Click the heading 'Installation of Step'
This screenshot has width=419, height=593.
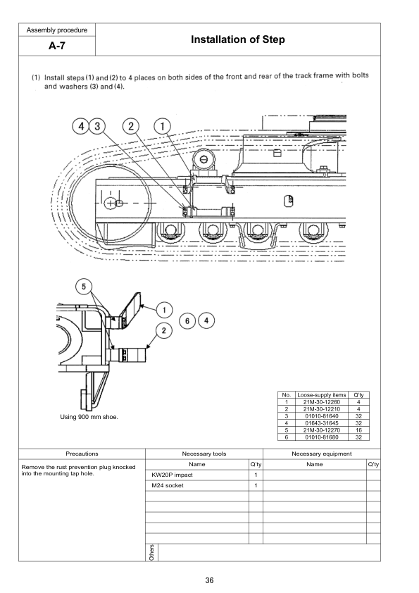237,39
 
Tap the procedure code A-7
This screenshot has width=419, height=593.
57,46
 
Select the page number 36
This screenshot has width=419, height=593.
209,580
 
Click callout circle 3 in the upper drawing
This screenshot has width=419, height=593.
97,126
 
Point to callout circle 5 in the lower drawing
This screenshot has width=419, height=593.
84,287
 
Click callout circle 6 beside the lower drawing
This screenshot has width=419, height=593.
187,321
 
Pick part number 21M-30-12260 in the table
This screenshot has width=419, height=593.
321,402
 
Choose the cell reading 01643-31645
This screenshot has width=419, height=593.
321,423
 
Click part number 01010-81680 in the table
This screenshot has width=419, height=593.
321,437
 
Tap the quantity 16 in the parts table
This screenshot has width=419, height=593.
358,430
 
